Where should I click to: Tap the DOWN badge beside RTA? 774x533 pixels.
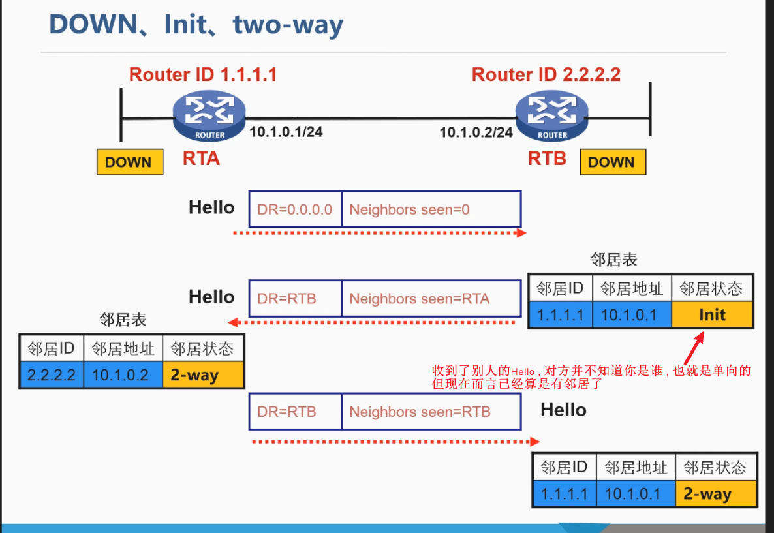[129, 162]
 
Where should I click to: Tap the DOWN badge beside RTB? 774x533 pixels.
[612, 162]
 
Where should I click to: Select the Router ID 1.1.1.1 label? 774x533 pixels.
[203, 74]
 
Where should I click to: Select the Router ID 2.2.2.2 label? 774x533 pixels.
[546, 74]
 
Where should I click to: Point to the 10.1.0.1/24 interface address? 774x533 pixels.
[286, 132]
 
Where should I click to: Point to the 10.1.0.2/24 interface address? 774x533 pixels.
[476, 132]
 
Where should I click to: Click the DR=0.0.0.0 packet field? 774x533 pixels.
[295, 209]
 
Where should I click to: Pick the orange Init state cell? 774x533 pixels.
[711, 315]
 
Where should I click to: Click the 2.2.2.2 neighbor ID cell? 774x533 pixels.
[52, 376]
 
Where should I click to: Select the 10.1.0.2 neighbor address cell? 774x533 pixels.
[123, 376]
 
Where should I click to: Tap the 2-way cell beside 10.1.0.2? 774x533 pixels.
[203, 376]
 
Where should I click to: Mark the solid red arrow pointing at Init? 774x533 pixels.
[694, 347]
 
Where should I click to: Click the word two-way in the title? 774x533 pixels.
[288, 25]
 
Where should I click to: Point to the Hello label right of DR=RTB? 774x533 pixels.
[563, 410]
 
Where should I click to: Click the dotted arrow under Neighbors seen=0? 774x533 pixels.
[379, 232]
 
